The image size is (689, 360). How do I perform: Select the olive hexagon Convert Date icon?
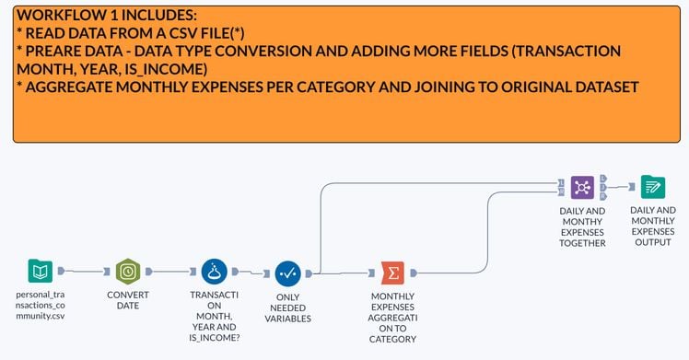[x=128, y=272]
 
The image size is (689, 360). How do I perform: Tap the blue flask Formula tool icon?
[x=215, y=272]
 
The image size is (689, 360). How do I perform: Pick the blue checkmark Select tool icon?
[x=288, y=273]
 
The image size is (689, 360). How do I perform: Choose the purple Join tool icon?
[x=582, y=187]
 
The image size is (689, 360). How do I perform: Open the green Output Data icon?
[x=653, y=187]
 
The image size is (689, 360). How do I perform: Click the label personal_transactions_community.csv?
[x=41, y=305]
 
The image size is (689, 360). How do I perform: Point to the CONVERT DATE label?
[x=128, y=299]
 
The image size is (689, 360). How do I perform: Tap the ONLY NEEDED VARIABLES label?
[x=288, y=308]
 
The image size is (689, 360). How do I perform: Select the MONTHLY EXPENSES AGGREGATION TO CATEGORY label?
[x=393, y=318]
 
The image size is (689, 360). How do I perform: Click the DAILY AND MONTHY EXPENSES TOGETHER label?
[x=582, y=226]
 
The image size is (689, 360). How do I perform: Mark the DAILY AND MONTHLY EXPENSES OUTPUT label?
[x=653, y=226]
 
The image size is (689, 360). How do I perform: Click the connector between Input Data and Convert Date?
[x=85, y=272]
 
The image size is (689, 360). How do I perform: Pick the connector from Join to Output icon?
[x=619, y=187]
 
